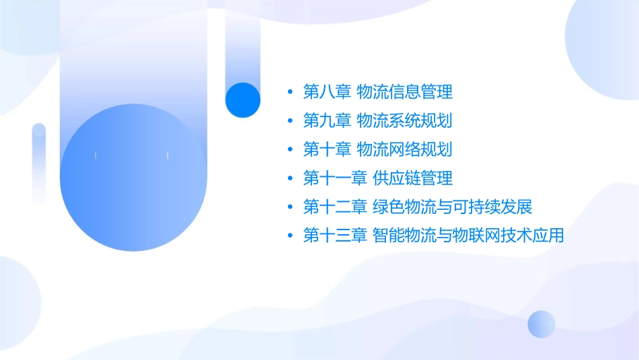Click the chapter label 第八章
pos(327,92)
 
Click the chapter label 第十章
pos(327,149)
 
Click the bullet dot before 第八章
pos(290,92)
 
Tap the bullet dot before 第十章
pos(290,150)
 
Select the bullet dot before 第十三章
pos(290,236)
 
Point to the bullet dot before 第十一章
pos(290,179)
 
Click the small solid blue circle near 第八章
pos(242,100)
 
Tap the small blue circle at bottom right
pos(541,324)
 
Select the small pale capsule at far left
pos(39,161)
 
